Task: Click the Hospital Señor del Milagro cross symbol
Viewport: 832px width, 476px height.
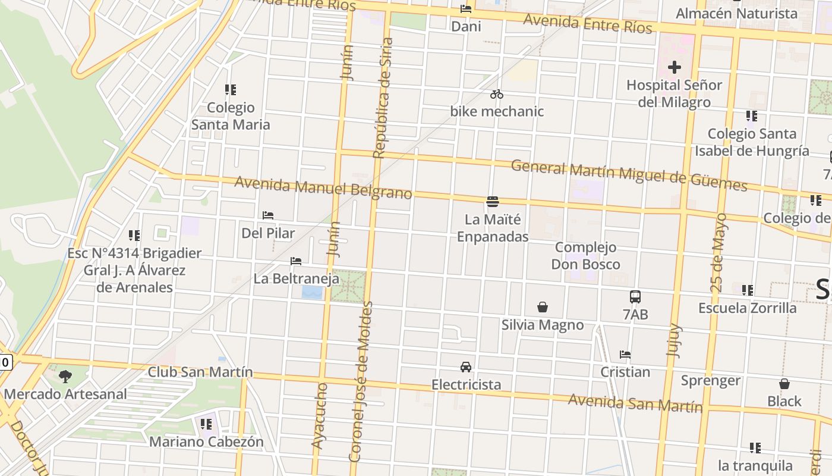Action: pyautogui.click(x=674, y=68)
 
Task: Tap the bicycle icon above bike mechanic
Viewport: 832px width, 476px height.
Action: pyautogui.click(x=497, y=94)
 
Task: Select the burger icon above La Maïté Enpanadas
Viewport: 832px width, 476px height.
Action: pyautogui.click(x=492, y=202)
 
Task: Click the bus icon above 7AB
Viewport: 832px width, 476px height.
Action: pyautogui.click(x=635, y=296)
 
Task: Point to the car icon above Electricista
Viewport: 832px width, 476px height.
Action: pyautogui.click(x=466, y=367)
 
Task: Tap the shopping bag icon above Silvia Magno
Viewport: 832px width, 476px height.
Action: pyautogui.click(x=543, y=307)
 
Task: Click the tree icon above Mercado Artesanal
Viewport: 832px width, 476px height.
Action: pyautogui.click(x=65, y=376)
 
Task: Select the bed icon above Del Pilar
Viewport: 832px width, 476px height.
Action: pyautogui.click(x=268, y=215)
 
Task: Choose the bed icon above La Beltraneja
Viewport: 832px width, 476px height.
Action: pyautogui.click(x=296, y=261)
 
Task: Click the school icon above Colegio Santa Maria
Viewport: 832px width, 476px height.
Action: pyautogui.click(x=231, y=90)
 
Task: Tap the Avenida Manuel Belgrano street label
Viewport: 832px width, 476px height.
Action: pyautogui.click(x=323, y=188)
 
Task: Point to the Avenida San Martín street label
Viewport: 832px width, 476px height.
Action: pyautogui.click(x=635, y=403)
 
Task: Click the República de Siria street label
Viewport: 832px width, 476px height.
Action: pyautogui.click(x=383, y=98)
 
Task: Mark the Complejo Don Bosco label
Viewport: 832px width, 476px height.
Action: pyautogui.click(x=586, y=255)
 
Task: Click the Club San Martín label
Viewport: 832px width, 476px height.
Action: pyautogui.click(x=200, y=372)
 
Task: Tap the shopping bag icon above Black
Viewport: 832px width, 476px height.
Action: pyautogui.click(x=784, y=384)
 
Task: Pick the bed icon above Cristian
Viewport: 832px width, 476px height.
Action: pyautogui.click(x=625, y=355)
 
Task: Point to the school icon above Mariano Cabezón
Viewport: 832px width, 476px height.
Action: pyautogui.click(x=206, y=424)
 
